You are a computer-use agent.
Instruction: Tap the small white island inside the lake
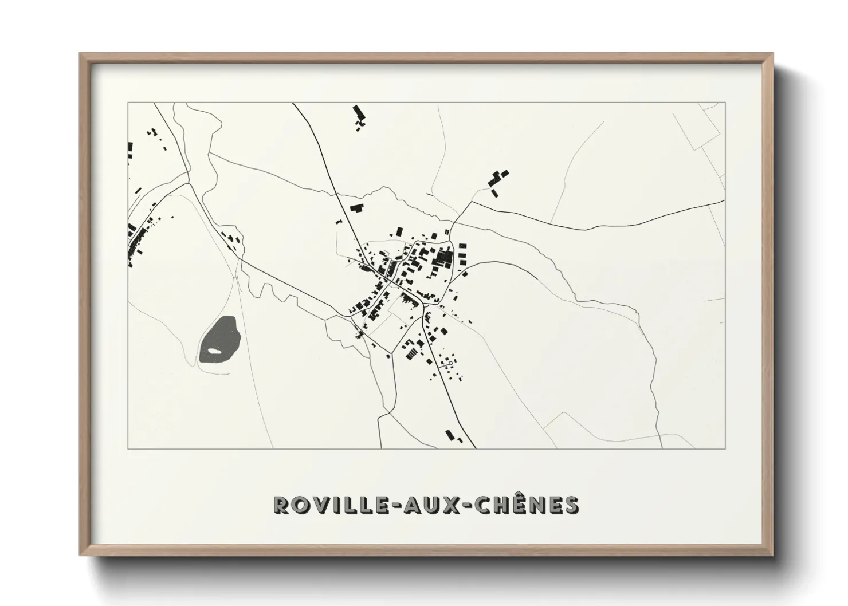214,351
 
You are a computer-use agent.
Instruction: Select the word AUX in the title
428,505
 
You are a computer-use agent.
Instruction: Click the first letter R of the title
281,505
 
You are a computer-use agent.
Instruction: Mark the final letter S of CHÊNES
571,505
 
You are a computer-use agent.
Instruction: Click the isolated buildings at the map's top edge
359,116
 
